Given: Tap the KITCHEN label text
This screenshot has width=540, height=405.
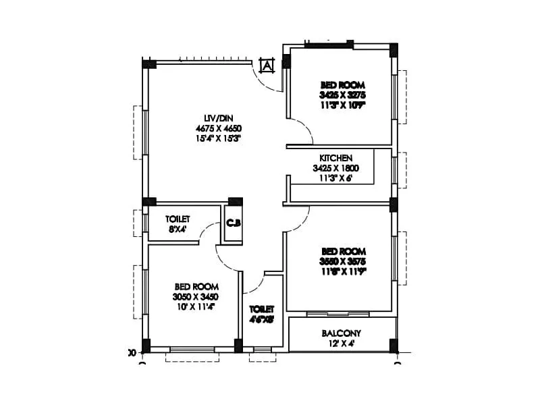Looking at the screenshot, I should (x=335, y=158).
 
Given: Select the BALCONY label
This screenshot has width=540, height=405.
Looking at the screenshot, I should (x=341, y=333).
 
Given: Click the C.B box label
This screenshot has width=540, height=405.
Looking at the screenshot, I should (x=234, y=222).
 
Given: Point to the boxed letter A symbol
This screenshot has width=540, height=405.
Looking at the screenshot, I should (x=267, y=65).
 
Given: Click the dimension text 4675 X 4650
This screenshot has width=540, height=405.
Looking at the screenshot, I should (x=218, y=128).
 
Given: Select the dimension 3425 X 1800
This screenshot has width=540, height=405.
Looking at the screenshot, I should (x=335, y=168).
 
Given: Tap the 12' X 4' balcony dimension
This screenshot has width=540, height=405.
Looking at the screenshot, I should (x=341, y=343).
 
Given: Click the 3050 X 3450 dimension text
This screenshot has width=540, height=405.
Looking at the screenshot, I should (x=196, y=296).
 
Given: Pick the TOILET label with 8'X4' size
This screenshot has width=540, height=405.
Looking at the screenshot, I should (x=178, y=219).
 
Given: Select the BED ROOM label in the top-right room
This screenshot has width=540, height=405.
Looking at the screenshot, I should (x=342, y=85).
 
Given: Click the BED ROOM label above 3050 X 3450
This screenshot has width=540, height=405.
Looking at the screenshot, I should (x=196, y=286).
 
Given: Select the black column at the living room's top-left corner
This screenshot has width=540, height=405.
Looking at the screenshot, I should (x=149, y=64).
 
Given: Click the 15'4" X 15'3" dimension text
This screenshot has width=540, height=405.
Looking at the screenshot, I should (x=218, y=138).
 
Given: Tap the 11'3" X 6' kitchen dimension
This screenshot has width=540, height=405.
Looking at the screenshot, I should (x=335, y=178).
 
